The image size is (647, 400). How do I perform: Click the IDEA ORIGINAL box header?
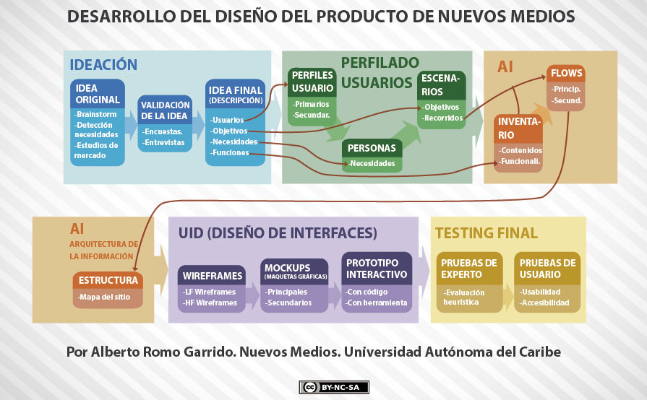[98, 94]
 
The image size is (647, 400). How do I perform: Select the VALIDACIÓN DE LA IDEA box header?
[166, 110]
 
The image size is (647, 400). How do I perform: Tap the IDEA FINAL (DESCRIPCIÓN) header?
[236, 94]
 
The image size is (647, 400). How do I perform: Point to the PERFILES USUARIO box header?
[313, 82]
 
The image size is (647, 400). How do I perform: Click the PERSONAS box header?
[372, 148]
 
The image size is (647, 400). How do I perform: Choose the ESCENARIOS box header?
[442, 84]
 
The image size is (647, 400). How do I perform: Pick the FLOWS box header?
[566, 74]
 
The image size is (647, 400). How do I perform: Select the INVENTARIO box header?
[518, 129]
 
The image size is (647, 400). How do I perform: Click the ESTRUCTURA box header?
[108, 280]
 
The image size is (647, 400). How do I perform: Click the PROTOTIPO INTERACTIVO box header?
[377, 269]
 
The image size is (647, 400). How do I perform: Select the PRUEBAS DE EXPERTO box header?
[469, 269]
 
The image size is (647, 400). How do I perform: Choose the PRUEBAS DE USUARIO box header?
[548, 269]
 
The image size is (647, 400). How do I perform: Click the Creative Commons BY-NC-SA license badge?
[334, 387]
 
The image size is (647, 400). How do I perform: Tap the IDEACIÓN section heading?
[103, 64]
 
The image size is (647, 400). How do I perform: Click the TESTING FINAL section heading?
[487, 232]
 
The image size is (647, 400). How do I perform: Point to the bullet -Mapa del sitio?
[107, 297]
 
